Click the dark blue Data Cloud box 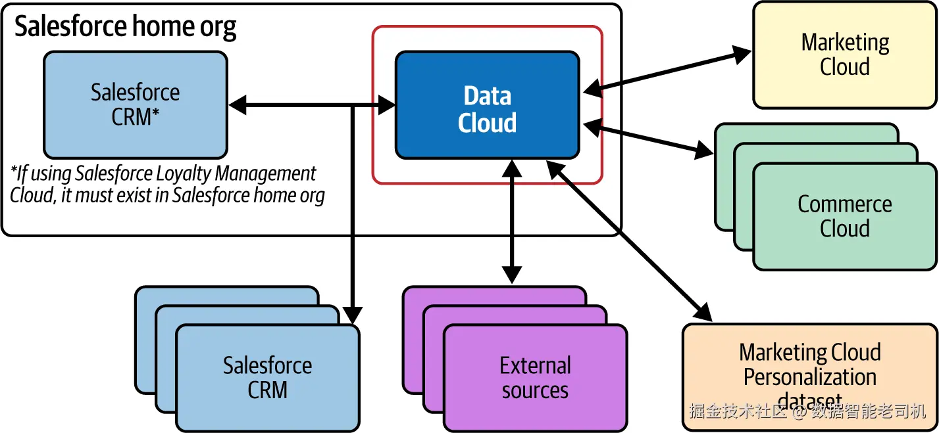[487, 105]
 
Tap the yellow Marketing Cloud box [845, 55]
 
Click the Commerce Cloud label [845, 216]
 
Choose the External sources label [535, 378]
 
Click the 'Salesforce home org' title [126, 27]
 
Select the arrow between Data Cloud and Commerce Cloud [648, 138]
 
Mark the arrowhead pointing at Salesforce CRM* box [237, 104]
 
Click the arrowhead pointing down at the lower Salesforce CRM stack [353, 315]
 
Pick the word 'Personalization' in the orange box [809, 377]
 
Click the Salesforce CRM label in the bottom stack [267, 378]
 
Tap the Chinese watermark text [807, 412]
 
